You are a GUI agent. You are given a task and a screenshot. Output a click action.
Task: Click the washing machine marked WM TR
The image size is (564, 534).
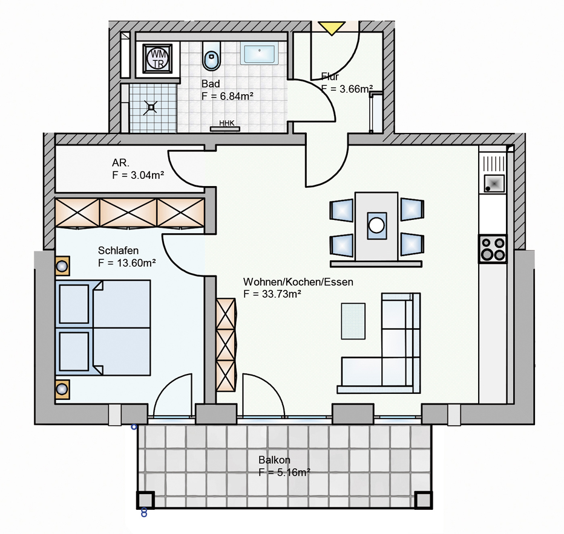click(x=157, y=58)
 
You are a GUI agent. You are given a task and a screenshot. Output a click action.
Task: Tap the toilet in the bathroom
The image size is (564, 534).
click(x=212, y=56)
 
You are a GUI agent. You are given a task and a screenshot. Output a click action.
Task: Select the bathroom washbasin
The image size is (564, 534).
click(x=260, y=54)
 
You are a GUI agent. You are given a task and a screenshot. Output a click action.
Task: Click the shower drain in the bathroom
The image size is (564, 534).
click(x=151, y=108)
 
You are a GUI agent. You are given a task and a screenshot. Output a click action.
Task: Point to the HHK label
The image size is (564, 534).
click(x=226, y=123)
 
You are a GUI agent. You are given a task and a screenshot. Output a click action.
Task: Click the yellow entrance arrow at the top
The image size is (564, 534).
click(x=332, y=28)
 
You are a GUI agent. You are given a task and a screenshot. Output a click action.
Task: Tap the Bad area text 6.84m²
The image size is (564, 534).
click(x=228, y=96)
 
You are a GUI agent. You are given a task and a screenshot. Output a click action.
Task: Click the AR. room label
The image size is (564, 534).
click(x=120, y=163)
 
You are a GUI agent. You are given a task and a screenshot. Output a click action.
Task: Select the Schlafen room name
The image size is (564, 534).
click(x=118, y=250)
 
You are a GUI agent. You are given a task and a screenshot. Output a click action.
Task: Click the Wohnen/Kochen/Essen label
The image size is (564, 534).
click(x=298, y=282)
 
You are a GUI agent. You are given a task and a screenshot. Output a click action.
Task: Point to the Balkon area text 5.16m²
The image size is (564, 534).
click(x=284, y=472)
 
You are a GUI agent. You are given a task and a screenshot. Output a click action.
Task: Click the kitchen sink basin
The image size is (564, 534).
click(x=494, y=183)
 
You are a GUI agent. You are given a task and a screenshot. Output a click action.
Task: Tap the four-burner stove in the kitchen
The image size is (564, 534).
click(x=493, y=249)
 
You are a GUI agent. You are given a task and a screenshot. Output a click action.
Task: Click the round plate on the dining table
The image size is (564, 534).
click(x=376, y=226)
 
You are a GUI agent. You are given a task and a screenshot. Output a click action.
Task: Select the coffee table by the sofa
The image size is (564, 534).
click(x=353, y=321)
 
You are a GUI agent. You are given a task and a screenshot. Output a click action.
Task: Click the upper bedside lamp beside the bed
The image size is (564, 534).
click(x=62, y=266)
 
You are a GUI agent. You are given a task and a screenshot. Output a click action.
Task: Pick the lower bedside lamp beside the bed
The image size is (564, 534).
click(x=62, y=389)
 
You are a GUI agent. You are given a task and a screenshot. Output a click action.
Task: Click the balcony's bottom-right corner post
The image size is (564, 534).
click(x=423, y=500)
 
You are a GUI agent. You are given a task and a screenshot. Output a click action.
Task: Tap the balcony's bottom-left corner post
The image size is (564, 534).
click(x=145, y=500)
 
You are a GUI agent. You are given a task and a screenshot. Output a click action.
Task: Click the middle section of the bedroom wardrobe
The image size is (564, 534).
click(x=128, y=213)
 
